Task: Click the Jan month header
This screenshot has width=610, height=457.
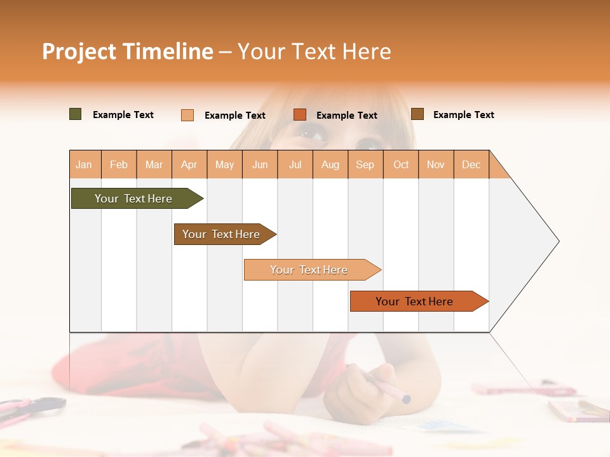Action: point(85,164)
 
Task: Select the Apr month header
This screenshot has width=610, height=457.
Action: point(189,164)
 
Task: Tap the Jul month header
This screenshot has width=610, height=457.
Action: point(295,164)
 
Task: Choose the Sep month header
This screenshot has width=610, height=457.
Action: point(365,164)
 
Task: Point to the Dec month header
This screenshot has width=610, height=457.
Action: point(471,164)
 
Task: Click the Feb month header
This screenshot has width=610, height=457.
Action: point(119,164)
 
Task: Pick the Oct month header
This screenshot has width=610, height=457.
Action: point(401,164)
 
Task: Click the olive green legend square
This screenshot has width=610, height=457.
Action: point(76,114)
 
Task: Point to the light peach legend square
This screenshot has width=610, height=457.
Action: point(187,115)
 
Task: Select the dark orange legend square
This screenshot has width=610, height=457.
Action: point(300,115)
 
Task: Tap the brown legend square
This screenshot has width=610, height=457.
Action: point(417,114)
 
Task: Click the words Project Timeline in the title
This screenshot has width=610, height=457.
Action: point(128,51)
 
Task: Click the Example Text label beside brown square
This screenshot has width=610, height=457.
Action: point(463,115)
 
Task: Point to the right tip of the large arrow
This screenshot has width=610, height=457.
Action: point(557,241)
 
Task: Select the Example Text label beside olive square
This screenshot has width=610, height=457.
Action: point(123,115)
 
